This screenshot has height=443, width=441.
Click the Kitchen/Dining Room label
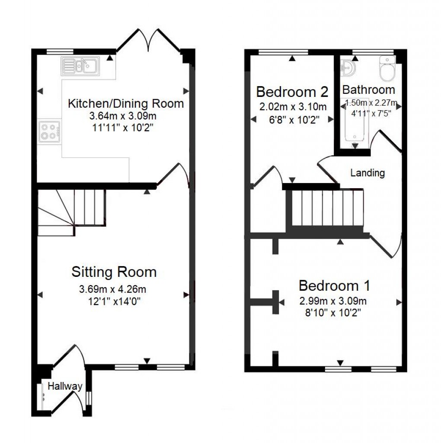126,104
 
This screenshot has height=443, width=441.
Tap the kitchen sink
80,66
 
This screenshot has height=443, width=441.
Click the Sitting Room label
114,272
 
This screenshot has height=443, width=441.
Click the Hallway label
65,386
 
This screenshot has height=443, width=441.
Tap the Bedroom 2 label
292,92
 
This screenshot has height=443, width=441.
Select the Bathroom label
368,90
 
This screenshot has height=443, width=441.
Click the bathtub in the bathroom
354,123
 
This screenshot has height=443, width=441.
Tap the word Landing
367,173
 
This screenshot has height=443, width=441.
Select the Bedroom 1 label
334,286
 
